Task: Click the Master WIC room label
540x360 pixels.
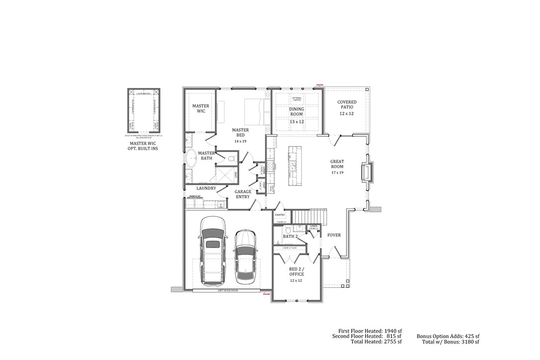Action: (x=201, y=108)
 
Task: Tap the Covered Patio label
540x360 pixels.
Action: (x=347, y=107)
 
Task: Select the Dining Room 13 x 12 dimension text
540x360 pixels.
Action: (x=296, y=121)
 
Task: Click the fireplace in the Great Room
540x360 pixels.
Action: (x=367, y=172)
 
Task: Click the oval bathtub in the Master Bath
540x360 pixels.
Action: (x=191, y=159)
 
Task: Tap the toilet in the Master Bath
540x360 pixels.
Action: (x=231, y=158)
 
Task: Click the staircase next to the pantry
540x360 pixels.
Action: (x=309, y=217)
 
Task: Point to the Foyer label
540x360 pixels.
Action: (x=334, y=235)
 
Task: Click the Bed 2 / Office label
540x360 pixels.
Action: (x=296, y=271)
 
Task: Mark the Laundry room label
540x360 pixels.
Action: (x=206, y=188)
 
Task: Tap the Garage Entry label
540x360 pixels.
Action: (x=243, y=194)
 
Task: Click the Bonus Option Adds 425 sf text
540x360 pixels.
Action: (x=448, y=337)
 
